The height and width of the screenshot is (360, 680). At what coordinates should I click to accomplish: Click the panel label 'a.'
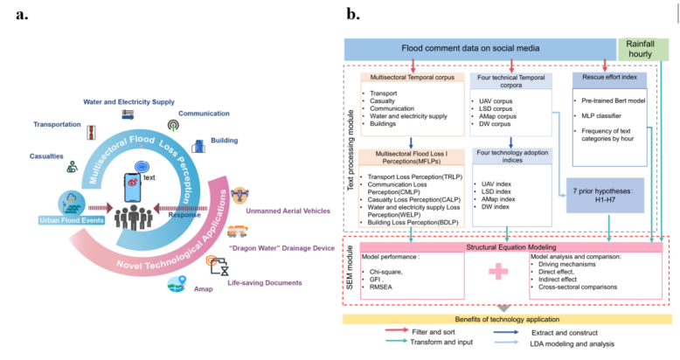tap(21, 14)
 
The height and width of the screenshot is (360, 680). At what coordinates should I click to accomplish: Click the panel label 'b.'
tap(354, 14)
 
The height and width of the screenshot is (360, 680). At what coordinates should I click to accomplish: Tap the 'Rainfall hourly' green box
tap(646, 50)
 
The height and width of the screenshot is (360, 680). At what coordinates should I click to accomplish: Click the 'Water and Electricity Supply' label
tap(129, 100)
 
